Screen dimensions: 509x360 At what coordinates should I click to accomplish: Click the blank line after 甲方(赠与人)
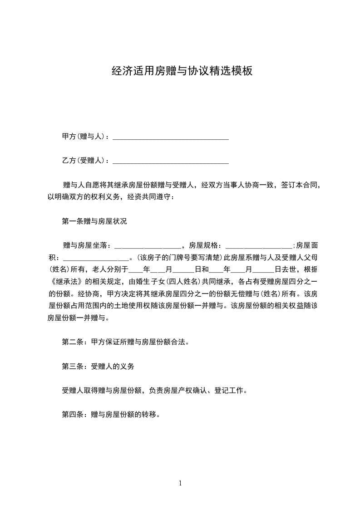pyautogui.click(x=170, y=137)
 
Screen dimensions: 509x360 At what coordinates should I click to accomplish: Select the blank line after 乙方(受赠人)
pyautogui.click(x=170, y=161)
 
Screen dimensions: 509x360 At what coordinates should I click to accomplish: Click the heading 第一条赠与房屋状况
pyautogui.click(x=94, y=221)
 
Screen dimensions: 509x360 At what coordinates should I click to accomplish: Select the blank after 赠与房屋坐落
pyautogui.click(x=148, y=245)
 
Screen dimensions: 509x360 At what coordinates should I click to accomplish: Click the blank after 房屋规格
pyautogui.click(x=258, y=245)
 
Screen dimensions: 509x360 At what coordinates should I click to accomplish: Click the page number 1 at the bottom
pyautogui.click(x=180, y=483)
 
